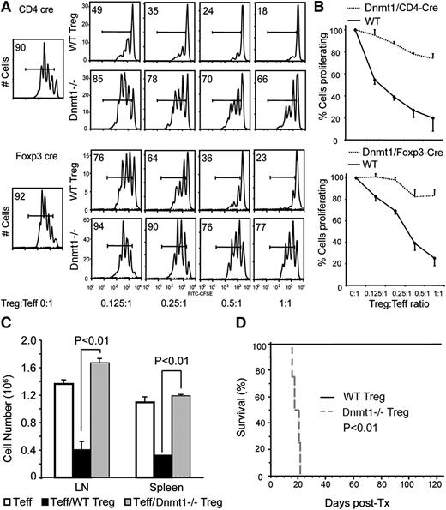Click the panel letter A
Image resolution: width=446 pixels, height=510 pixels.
(7, 8)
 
